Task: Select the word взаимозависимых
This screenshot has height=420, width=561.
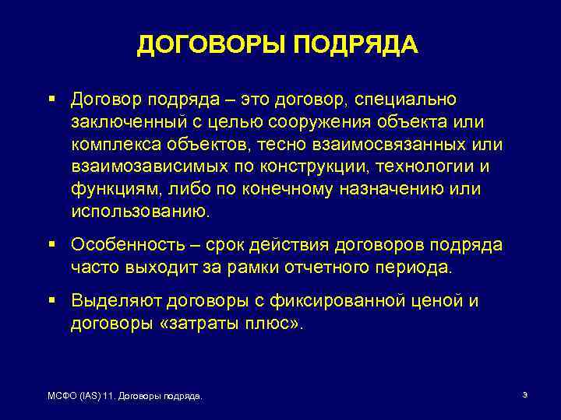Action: coord(147,167)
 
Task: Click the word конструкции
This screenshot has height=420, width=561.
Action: coord(315,167)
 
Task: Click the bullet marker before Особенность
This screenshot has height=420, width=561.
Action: coord(51,244)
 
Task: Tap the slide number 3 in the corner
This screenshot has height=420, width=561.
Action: coord(525,396)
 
